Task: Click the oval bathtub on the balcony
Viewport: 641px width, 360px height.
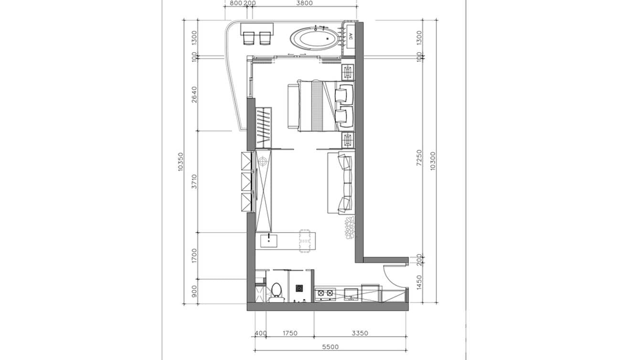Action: [x=314, y=38]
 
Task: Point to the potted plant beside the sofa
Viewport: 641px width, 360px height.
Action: [x=349, y=227]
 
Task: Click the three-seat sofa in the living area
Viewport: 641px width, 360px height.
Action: [x=341, y=183]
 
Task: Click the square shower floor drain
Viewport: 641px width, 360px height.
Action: [x=299, y=288]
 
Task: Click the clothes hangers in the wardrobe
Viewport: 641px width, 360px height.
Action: [x=263, y=128]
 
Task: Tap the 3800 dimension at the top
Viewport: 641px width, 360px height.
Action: [x=304, y=3]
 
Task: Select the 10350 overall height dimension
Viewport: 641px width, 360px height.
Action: [x=180, y=161]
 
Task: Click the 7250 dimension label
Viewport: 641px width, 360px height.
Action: [x=419, y=158]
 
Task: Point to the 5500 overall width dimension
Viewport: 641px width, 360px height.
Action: [x=331, y=347]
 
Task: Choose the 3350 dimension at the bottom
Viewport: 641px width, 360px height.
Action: [x=360, y=333]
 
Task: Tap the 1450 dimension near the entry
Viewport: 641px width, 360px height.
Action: [x=419, y=283]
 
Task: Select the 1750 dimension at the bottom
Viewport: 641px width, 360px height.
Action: [x=289, y=333]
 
